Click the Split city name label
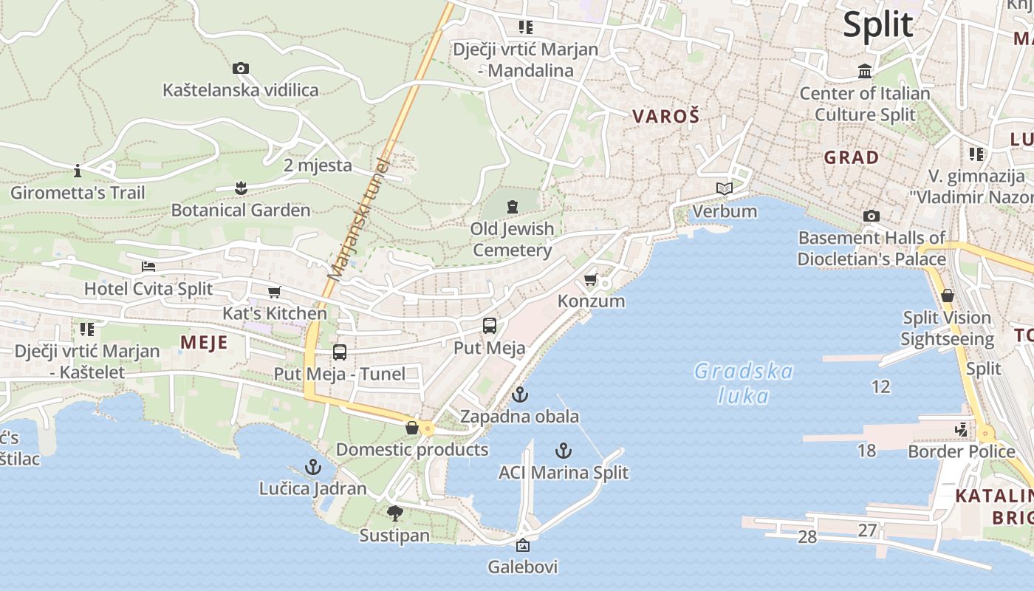pos(878,24)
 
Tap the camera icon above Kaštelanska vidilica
pos(241,69)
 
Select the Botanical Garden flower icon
pos(241,188)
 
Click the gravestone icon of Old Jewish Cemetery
pos(513,207)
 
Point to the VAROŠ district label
pos(665,116)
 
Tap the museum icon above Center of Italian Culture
pos(865,72)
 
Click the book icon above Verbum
pos(725,189)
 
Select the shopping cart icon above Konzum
pos(590,279)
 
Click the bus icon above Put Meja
pos(489,326)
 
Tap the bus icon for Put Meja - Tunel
pos(340,352)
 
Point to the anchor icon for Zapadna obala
pos(520,394)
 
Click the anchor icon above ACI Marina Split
pos(564,451)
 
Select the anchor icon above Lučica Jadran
pos(313,467)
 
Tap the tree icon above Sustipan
pos(394,513)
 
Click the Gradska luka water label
pos(744,383)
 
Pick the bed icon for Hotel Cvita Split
pos(148,267)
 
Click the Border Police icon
pos(961,429)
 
